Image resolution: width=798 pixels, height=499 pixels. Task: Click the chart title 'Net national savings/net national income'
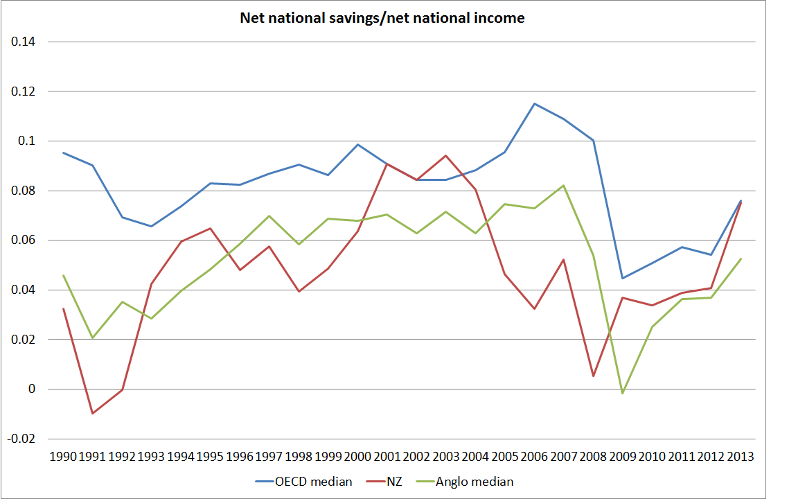click(382, 18)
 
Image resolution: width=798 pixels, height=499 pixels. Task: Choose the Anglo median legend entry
click(475, 481)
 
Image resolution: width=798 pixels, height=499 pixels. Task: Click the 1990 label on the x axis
click(63, 457)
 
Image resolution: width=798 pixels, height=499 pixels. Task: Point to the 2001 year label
click(387, 457)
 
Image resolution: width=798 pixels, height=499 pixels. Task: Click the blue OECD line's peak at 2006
click(534, 104)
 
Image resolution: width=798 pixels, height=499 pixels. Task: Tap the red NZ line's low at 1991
click(92, 413)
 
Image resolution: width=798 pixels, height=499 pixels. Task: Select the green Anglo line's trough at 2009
click(623, 393)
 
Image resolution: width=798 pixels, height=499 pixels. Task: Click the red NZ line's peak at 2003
click(445, 155)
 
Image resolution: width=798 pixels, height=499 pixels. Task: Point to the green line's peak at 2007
click(564, 185)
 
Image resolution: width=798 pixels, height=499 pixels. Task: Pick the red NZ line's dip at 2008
click(593, 376)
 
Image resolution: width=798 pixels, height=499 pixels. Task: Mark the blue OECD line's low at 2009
click(623, 278)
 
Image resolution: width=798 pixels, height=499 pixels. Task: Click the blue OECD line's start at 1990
click(63, 152)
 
